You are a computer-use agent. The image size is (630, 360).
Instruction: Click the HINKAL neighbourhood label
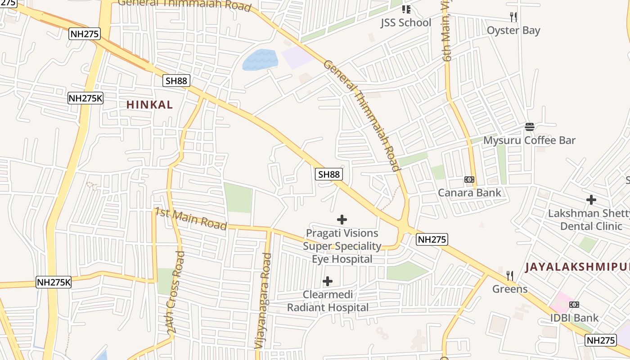[x=149, y=105]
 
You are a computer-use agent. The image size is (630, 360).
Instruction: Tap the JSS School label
[x=405, y=23]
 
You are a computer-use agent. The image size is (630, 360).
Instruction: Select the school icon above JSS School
[x=406, y=9]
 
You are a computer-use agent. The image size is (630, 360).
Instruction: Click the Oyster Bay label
[x=513, y=31]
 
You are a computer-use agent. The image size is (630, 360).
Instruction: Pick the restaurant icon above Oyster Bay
[x=513, y=17]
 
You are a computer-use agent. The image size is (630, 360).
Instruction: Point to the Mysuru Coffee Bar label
[x=529, y=140]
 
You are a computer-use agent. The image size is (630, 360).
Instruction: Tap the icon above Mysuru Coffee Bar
[x=530, y=127]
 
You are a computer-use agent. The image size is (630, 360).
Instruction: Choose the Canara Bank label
[x=469, y=193]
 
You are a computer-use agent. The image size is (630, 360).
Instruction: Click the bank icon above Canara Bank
[x=469, y=180]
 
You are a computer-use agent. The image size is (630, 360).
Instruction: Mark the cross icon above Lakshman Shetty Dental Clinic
[x=591, y=199]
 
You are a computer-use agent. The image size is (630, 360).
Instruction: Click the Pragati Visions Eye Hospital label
[x=342, y=246]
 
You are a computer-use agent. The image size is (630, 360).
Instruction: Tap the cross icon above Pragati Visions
[x=342, y=220]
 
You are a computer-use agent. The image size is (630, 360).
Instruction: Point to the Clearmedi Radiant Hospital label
[x=328, y=301]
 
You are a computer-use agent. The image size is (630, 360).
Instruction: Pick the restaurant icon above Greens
[x=510, y=275]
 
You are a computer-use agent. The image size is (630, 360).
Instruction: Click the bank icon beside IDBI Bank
[x=574, y=305]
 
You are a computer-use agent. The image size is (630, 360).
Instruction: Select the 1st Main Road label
[x=191, y=219]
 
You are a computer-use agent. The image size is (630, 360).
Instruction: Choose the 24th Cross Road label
[x=175, y=292]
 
